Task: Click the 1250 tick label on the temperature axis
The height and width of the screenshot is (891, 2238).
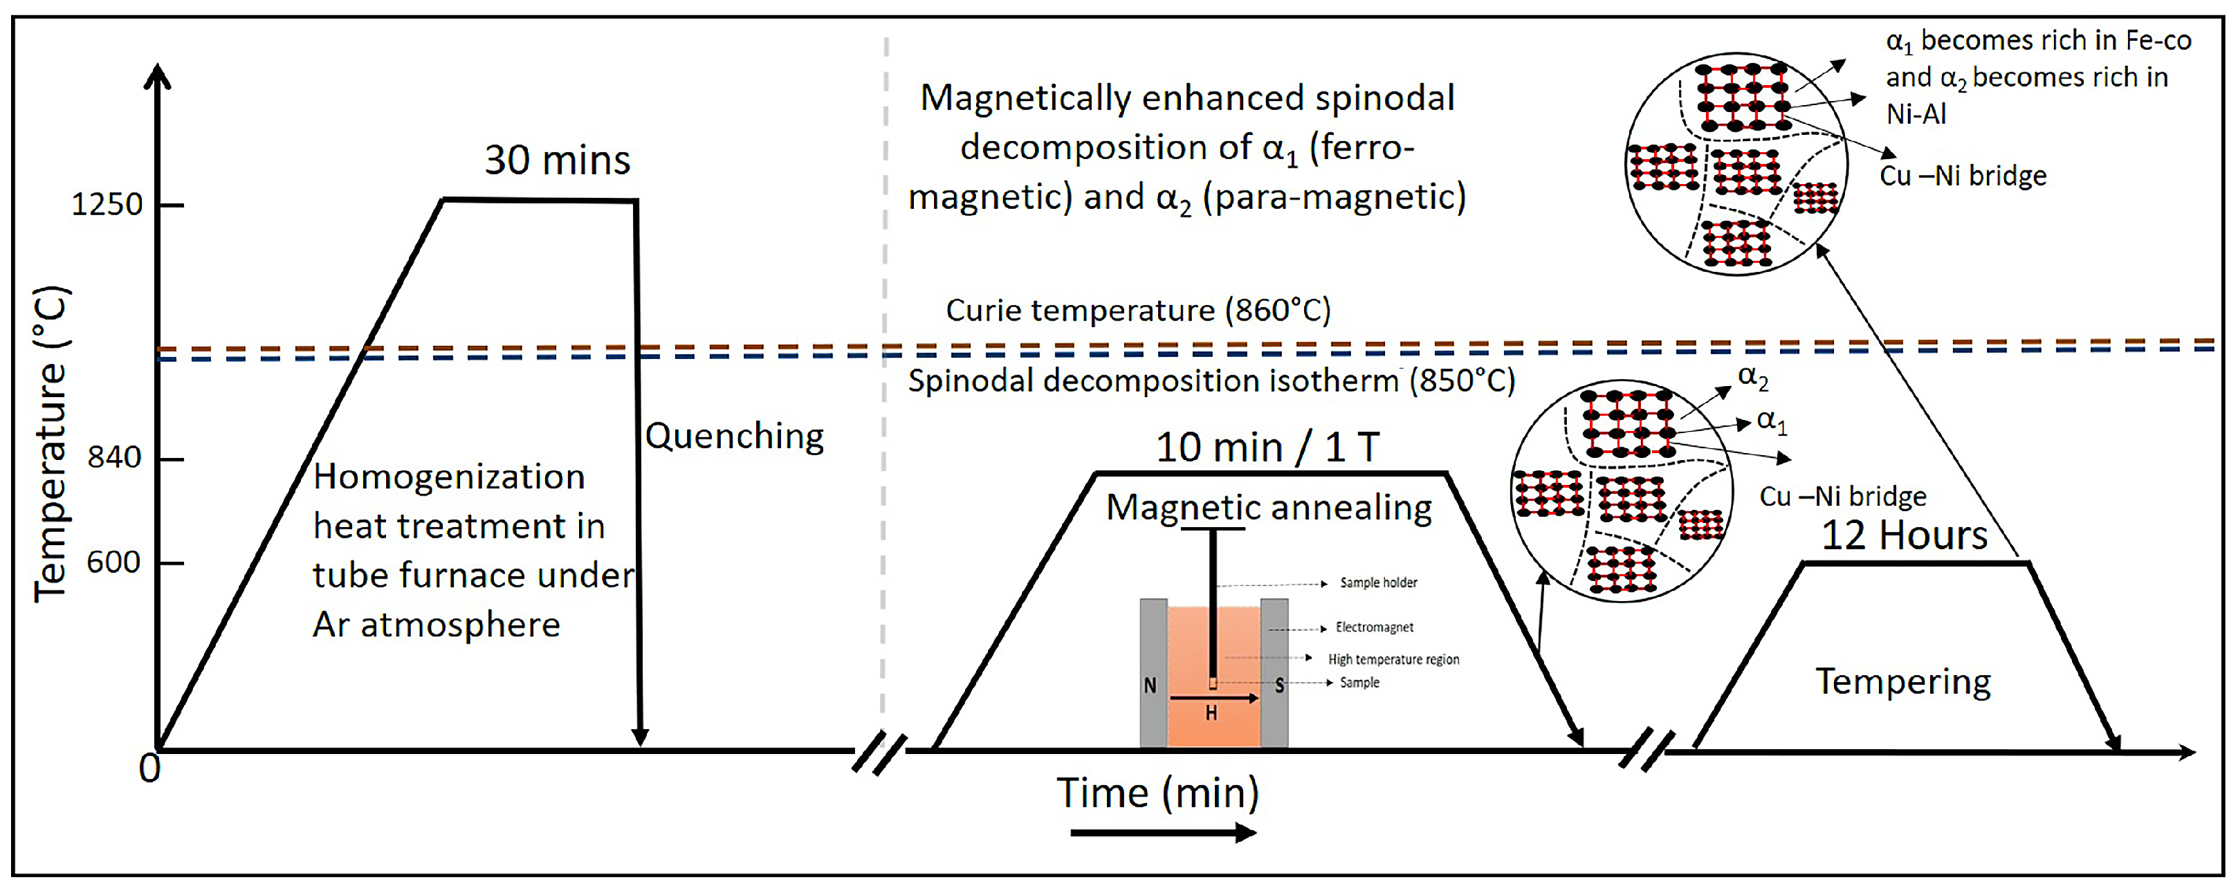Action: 106,205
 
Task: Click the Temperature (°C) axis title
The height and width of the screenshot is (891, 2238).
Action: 51,443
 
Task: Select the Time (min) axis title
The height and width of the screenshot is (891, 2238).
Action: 1157,792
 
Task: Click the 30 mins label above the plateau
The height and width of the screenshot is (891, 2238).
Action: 557,160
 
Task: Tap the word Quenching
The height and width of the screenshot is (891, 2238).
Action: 734,436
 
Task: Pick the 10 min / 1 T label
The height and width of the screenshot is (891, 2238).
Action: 1267,448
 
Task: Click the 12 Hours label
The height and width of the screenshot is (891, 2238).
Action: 1904,535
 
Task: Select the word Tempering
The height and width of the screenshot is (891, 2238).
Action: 1902,681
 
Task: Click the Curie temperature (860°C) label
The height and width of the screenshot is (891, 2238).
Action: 1137,310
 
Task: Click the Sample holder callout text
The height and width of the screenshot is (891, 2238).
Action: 1378,582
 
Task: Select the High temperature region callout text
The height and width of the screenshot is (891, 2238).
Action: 1393,659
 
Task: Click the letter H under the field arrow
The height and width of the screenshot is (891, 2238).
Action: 1211,714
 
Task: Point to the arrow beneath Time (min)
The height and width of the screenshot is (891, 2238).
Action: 1162,834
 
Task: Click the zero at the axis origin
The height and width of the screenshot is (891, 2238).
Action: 149,769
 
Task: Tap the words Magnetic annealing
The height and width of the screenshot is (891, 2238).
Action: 1269,507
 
